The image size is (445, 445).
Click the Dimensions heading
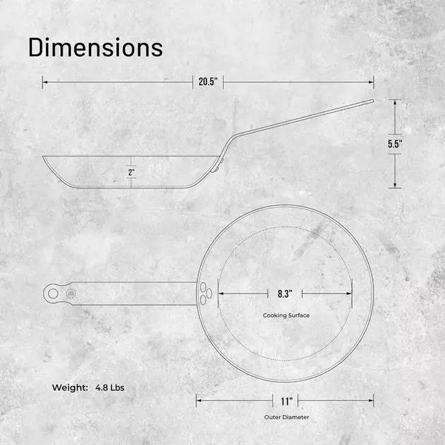[x=96, y=47]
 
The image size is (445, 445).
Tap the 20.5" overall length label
[x=208, y=82]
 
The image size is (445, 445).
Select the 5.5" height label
[x=395, y=144]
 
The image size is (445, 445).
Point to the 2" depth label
[x=131, y=172]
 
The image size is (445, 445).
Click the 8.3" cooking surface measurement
[x=285, y=293]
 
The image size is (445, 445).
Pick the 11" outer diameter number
[x=286, y=401]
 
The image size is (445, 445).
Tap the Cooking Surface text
[x=286, y=315]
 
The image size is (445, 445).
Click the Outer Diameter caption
[x=286, y=417]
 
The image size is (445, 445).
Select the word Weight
[x=70, y=388]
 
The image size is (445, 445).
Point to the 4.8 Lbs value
[x=110, y=388]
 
